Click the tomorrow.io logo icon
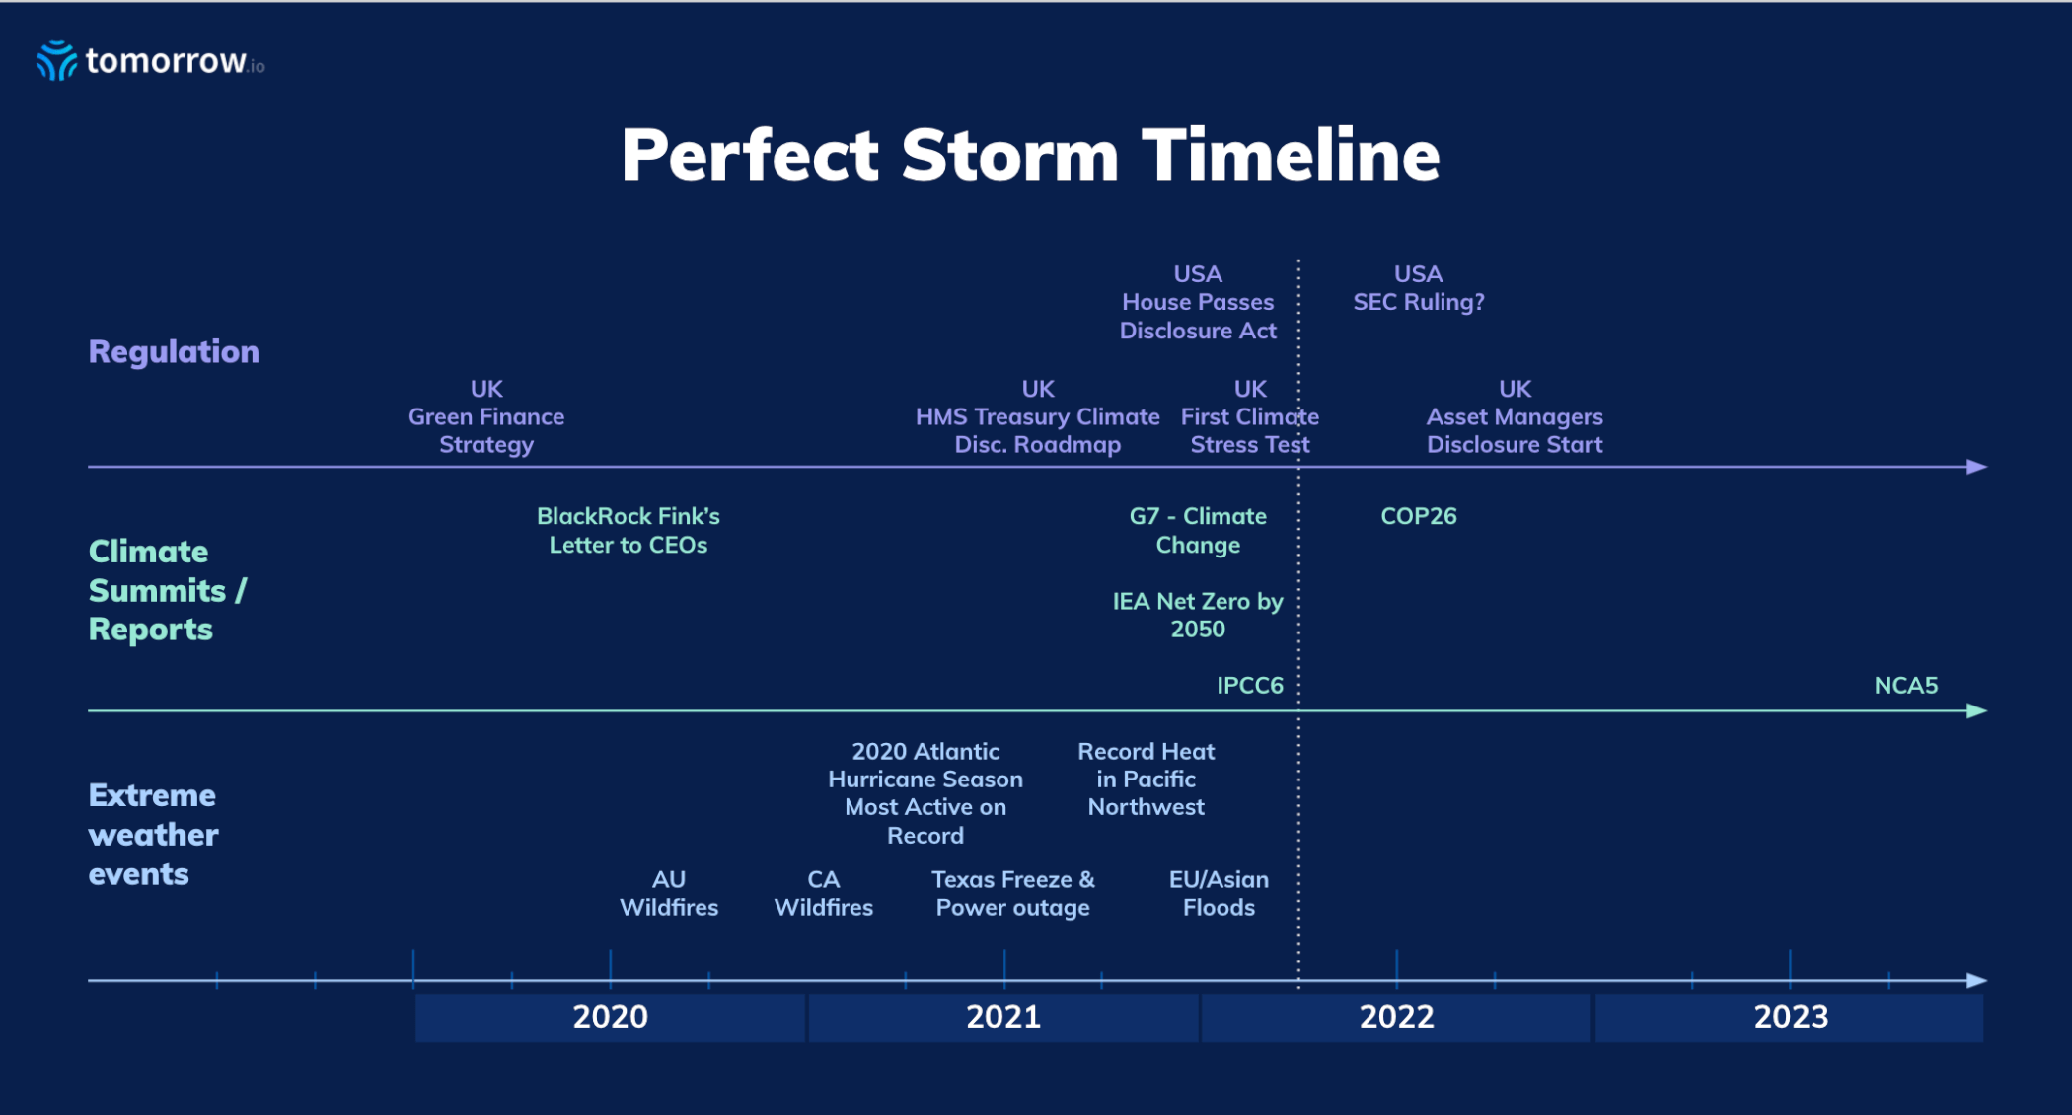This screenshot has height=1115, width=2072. (x=56, y=60)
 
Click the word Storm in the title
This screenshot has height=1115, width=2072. (x=1009, y=155)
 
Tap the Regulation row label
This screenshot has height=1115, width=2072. (x=174, y=352)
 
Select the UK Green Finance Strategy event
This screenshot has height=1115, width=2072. (x=486, y=416)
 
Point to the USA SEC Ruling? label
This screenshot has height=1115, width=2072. (x=1418, y=288)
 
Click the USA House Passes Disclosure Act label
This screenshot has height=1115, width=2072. (x=1198, y=302)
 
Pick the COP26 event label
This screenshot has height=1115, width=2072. (x=1418, y=516)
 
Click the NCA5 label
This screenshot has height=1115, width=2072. (x=1905, y=685)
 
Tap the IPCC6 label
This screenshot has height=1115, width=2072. (x=1249, y=685)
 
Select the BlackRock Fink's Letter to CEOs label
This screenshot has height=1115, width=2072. (x=629, y=530)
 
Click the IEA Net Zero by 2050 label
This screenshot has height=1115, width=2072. (x=1198, y=615)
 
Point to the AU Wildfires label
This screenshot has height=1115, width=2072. (x=669, y=893)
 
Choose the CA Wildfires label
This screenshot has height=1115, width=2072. (x=824, y=893)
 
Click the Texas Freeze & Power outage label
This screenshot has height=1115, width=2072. (x=1013, y=893)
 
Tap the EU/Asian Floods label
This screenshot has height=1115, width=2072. (x=1219, y=893)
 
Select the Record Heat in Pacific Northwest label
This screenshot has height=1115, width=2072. (x=1146, y=780)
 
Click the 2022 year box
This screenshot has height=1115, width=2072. (x=1396, y=1017)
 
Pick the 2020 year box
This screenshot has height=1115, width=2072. (x=610, y=1017)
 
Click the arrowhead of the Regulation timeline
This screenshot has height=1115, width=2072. (x=1976, y=467)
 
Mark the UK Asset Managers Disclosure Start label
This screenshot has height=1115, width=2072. (x=1515, y=416)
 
